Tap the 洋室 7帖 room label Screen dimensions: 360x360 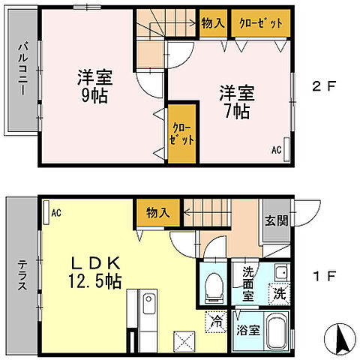point(236,103)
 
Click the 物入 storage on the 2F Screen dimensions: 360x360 point(213,23)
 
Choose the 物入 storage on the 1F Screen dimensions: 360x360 point(157,212)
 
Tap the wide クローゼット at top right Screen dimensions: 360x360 point(260,23)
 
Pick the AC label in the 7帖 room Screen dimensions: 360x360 point(276,151)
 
